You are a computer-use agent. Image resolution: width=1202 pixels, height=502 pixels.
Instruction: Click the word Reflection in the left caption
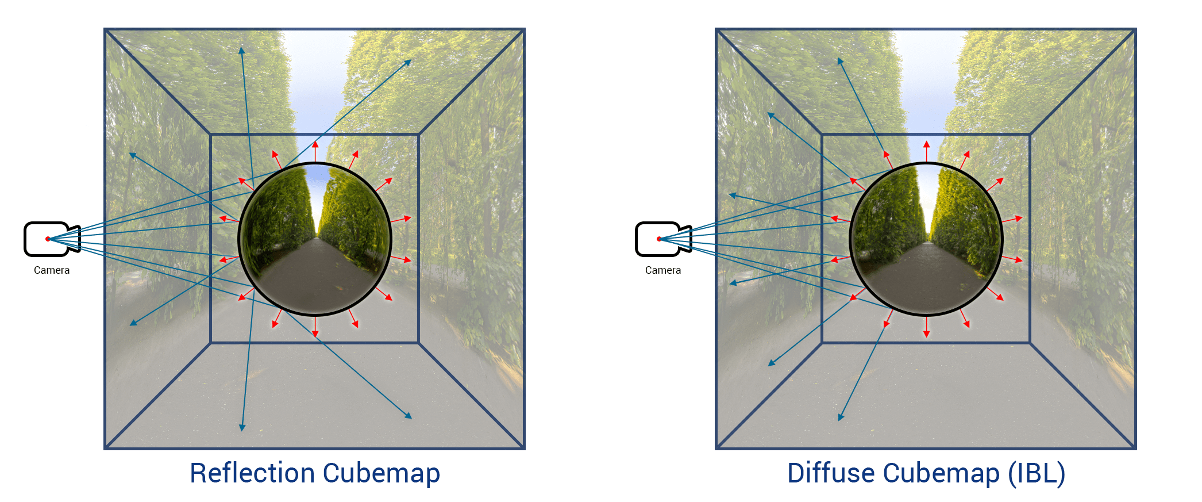click(x=253, y=473)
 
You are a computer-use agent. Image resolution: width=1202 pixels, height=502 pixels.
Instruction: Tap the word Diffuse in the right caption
click(x=831, y=473)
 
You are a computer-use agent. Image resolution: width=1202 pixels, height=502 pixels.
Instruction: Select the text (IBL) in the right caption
click(x=1037, y=473)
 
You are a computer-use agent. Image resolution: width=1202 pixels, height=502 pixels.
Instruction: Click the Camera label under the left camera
click(x=52, y=270)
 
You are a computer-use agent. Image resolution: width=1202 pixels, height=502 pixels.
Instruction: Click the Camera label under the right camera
click(x=663, y=270)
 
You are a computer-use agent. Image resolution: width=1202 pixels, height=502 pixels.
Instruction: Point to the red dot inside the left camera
click(x=48, y=239)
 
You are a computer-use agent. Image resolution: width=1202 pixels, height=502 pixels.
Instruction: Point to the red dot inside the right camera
click(x=659, y=239)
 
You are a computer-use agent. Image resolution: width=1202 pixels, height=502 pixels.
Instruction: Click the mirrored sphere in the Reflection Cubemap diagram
click(x=315, y=239)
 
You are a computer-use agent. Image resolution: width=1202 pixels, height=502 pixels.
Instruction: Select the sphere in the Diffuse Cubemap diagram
click(x=926, y=239)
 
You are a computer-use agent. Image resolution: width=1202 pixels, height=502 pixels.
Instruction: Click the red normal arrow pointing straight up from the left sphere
click(x=315, y=150)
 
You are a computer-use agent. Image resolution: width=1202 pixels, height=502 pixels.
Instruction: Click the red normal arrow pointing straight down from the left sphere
click(x=315, y=328)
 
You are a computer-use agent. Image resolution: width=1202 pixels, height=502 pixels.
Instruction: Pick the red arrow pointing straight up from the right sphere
click(x=926, y=150)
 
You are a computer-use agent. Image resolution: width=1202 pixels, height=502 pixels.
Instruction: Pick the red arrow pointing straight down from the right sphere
click(x=926, y=328)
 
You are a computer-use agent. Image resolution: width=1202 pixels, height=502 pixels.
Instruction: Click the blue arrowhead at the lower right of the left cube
click(x=409, y=416)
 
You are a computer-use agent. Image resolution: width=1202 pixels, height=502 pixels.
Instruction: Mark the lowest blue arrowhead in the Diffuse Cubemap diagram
click(x=841, y=417)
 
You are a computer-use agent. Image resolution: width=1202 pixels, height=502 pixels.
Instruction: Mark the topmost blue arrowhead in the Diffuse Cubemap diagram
click(x=840, y=60)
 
